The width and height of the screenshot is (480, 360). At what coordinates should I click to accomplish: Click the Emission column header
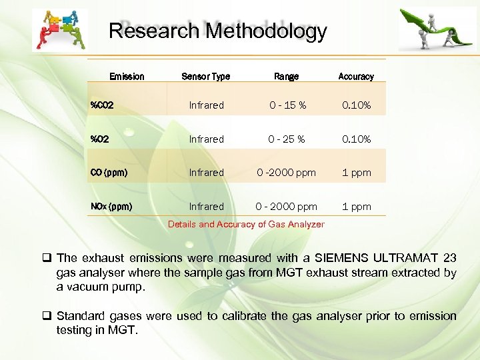coord(127,77)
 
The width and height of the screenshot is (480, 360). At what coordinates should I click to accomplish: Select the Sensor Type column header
coord(205,77)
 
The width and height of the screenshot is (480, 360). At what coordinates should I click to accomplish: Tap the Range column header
coord(287,77)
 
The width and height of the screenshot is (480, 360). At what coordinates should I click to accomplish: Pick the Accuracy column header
coord(356,77)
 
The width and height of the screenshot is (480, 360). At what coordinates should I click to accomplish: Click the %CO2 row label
coord(102,105)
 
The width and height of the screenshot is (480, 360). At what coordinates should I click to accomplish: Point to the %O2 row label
coord(100,139)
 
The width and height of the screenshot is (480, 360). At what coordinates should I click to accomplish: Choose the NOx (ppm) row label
coord(111,207)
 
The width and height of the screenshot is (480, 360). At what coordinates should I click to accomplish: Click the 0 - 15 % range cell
coord(287,105)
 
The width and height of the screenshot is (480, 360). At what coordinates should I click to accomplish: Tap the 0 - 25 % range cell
coord(287,139)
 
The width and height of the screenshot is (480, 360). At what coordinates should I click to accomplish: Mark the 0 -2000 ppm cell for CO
coord(287,173)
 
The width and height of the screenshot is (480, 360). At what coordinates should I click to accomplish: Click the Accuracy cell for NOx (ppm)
coord(357,207)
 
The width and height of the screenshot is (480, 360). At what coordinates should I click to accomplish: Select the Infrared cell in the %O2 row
coord(206,139)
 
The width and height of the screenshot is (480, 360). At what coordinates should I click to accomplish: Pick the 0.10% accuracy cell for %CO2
coord(357,105)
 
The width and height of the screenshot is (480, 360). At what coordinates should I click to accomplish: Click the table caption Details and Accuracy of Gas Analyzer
coord(246,224)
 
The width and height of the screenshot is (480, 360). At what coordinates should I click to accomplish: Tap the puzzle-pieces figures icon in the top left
coord(59,30)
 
